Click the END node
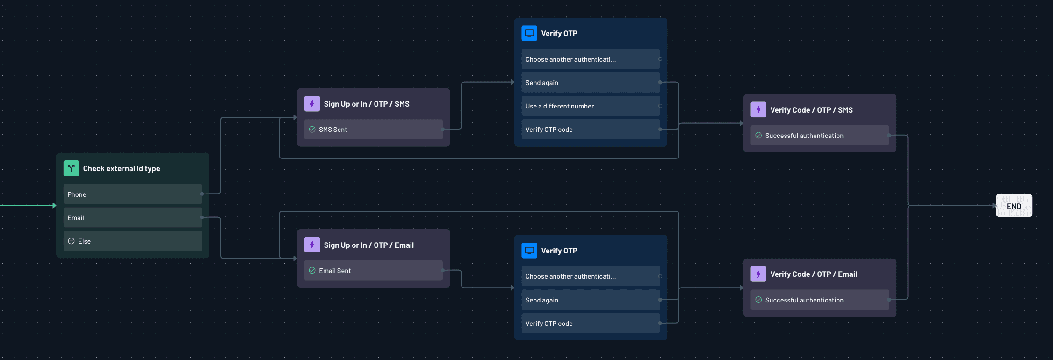[x=1014, y=206]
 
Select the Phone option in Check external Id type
[x=132, y=194]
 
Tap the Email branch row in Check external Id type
[x=132, y=217]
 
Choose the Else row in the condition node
[x=132, y=241]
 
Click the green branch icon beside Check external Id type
[x=71, y=168]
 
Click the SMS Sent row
[x=373, y=130]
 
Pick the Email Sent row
[x=373, y=270]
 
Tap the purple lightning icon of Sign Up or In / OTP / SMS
[x=312, y=104]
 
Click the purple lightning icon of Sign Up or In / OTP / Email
[x=312, y=245]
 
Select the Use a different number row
[x=590, y=106]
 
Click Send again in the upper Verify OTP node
[x=590, y=83]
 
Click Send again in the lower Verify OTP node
[x=590, y=300]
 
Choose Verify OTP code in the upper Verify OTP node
[x=590, y=130]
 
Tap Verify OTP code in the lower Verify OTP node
[x=590, y=323]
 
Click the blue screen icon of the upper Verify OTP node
[x=529, y=33]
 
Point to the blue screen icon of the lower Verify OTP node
[x=529, y=250]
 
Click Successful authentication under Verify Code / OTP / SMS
[x=819, y=136]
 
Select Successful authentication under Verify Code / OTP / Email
[x=819, y=300]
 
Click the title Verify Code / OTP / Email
[x=813, y=274]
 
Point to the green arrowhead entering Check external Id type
[x=54, y=205]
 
